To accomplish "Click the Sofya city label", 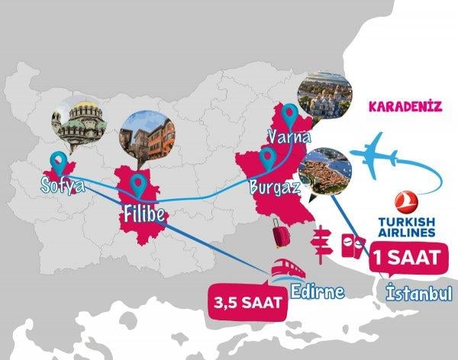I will pyautogui.click(x=63, y=185).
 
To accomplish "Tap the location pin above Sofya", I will pyautogui.click(x=57, y=161).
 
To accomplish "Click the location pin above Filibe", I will pyautogui.click(x=137, y=184).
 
